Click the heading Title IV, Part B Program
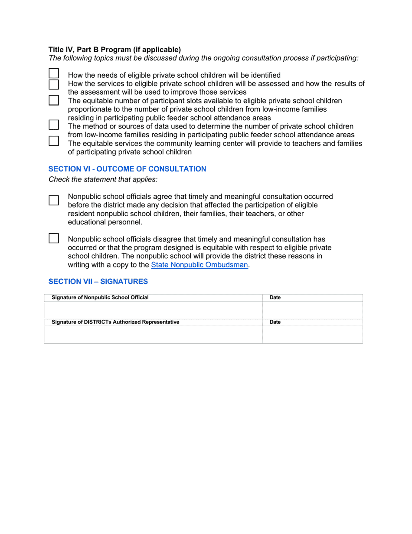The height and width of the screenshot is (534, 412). tap(114, 49)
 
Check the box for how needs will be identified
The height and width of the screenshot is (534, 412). tap(54, 74)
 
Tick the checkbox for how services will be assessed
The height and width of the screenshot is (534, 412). tap(54, 84)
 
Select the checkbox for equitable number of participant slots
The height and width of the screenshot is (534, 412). tap(54, 100)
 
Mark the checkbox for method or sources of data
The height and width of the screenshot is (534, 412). tap(54, 125)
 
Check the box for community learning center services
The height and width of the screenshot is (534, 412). tap(54, 141)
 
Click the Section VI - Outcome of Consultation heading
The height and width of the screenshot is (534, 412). tap(127, 169)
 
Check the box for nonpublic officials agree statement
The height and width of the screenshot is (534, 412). tap(54, 200)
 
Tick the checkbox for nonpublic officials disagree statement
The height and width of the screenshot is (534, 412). tap(54, 238)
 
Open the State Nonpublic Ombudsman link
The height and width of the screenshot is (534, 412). tap(199, 265)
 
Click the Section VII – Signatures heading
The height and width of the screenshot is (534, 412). tap(98, 281)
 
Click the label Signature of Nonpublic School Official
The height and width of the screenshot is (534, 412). tap(100, 297)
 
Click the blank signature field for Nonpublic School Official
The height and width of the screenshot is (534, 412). tap(153, 310)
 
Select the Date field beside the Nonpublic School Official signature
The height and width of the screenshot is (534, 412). tap(312, 310)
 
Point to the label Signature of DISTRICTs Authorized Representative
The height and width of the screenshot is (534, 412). tap(115, 322)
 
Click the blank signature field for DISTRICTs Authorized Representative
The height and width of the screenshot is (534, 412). tap(153, 334)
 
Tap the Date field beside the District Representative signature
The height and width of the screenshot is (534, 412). tap(312, 334)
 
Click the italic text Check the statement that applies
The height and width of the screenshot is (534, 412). tap(103, 179)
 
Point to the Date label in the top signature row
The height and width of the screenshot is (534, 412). tap(275, 297)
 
